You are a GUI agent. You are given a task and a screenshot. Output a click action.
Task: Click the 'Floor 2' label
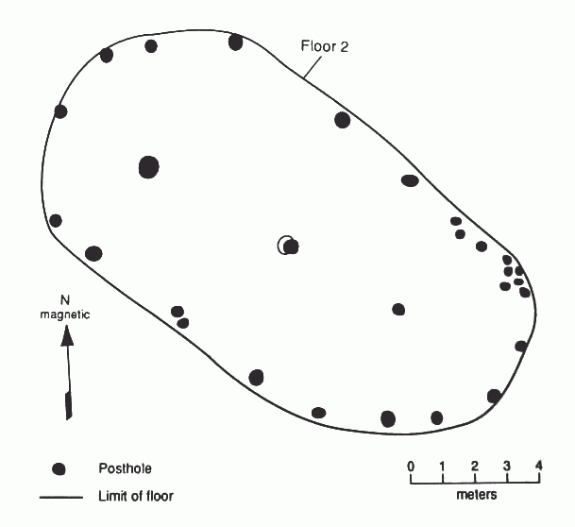tap(324, 46)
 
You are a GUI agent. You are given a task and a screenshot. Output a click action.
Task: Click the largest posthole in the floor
tap(149, 167)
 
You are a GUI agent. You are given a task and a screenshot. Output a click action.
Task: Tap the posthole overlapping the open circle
tap(291, 246)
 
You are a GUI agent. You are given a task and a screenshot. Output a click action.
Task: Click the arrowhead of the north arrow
tap(67, 336)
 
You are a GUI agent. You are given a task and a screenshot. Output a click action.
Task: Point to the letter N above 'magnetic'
tap(64, 300)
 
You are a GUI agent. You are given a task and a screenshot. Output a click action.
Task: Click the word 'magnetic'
tap(65, 314)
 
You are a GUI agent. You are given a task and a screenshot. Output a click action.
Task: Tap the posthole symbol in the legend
tap(59, 469)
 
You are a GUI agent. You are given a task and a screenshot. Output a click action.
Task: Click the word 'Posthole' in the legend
tap(125, 468)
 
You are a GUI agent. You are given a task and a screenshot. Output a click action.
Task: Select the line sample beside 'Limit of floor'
tap(61, 498)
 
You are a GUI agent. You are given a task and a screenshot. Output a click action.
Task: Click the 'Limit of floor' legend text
tap(136, 496)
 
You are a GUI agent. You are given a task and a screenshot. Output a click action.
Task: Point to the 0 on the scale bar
tap(411, 467)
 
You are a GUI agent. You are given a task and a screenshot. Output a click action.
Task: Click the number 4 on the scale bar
tap(538, 466)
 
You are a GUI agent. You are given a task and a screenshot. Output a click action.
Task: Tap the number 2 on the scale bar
tap(475, 467)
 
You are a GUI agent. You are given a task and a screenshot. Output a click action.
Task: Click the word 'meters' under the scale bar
tap(477, 495)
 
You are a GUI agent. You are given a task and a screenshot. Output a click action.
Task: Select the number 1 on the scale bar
tap(443, 467)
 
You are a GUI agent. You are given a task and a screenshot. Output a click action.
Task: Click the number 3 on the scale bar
tap(506, 467)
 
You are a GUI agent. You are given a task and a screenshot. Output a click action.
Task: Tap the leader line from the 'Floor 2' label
tap(313, 67)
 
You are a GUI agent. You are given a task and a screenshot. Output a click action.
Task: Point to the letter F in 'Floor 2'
tap(305, 46)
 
